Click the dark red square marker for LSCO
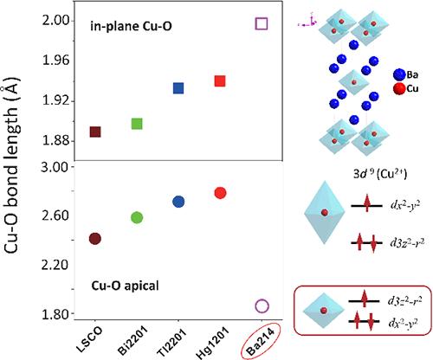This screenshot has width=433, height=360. [x=95, y=132]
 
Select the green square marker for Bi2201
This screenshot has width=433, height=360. [x=137, y=123]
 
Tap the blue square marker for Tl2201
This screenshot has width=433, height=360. [x=178, y=88]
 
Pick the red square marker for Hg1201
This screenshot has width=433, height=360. [x=220, y=81]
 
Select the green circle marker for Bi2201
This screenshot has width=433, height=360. [x=137, y=217]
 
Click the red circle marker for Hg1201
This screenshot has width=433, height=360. [x=220, y=193]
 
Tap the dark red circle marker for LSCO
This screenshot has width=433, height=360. [x=95, y=238]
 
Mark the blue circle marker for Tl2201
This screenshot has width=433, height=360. [x=178, y=202]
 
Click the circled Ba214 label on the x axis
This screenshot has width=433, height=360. [x=257, y=340]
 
